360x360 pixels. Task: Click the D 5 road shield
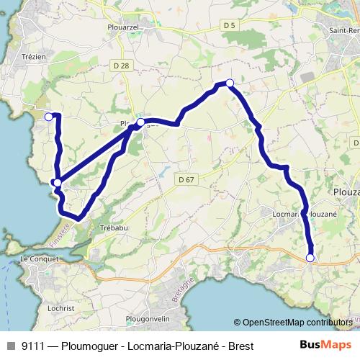click(230, 25)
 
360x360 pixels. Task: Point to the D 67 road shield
click(186, 179)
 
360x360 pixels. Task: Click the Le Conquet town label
click(37, 258)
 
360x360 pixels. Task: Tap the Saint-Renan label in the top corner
click(343, 31)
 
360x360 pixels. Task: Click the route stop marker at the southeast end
click(311, 258)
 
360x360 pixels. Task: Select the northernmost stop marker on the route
click(230, 84)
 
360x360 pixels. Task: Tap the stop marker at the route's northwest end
click(49, 117)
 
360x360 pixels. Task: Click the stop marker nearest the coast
click(56, 183)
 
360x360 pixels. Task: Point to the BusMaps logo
click(325, 346)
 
